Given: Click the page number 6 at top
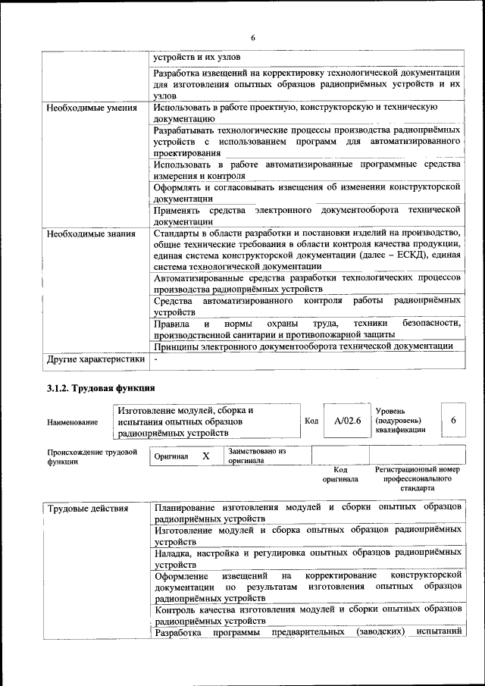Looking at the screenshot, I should tap(254, 38).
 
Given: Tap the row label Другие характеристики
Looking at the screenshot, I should tap(95, 359).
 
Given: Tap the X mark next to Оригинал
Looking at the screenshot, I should tap(205, 456).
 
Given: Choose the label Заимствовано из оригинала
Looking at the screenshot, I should tap(257, 455).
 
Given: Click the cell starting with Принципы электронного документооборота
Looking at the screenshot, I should tap(303, 345).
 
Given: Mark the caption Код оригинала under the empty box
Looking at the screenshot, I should tap(340, 475).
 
